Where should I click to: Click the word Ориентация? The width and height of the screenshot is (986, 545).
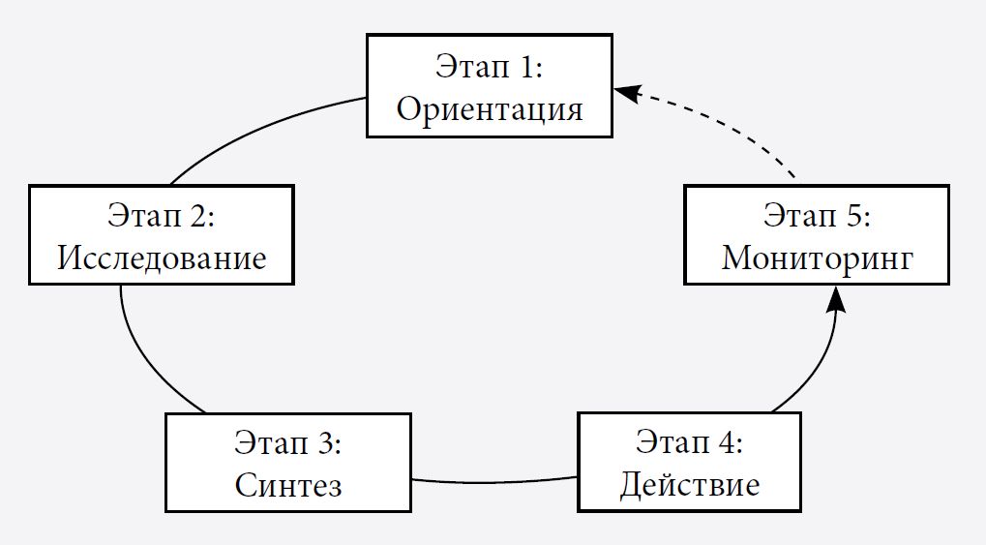coord(490,108)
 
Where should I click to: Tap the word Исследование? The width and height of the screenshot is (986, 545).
coord(162,258)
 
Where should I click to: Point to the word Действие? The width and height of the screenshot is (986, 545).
coord(689,483)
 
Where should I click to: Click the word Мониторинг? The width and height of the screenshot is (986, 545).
coord(817,258)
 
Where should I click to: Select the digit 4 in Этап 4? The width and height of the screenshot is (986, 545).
coord(732,442)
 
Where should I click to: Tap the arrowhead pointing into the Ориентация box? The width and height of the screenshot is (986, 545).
coord(628,93)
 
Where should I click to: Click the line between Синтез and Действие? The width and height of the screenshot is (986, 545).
coord(493,481)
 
